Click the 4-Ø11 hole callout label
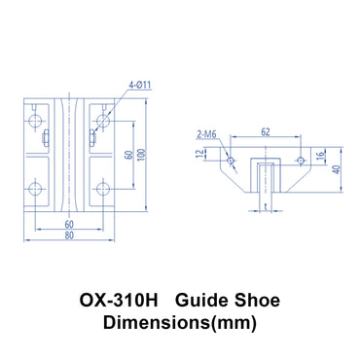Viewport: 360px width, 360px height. pyautogui.click(x=139, y=89)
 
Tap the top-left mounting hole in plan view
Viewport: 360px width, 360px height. pyautogui.click(x=36, y=122)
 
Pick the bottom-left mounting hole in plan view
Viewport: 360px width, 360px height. pyautogui.click(x=36, y=188)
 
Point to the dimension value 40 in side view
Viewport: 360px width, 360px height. pyautogui.click(x=338, y=169)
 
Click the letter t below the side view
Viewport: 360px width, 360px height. pyautogui.click(x=265, y=206)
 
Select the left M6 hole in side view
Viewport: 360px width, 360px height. pyautogui.click(x=231, y=161)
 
